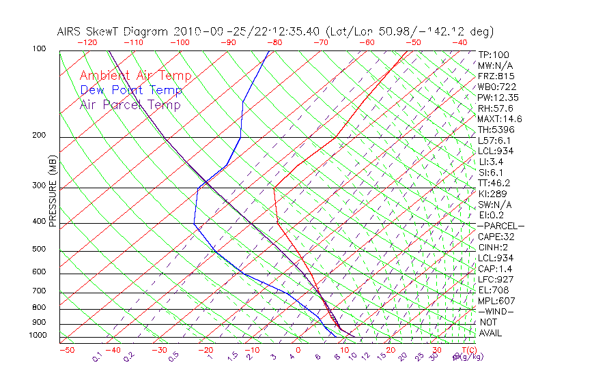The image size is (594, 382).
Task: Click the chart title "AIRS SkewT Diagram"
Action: pyautogui.click(x=113, y=31)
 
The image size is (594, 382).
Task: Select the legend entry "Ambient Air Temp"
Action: pyautogui.click(x=135, y=76)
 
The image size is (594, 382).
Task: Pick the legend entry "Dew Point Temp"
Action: pyautogui.click(x=131, y=90)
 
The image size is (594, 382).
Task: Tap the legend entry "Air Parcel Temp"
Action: pyautogui.click(x=130, y=104)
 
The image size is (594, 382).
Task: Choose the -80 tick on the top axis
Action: pyautogui.click(x=274, y=42)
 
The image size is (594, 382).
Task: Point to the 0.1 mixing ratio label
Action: pyautogui.click(x=97, y=357)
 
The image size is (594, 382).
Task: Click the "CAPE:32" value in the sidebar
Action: pyautogui.click(x=496, y=237)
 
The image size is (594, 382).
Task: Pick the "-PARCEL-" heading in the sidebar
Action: pyautogui.click(x=501, y=226)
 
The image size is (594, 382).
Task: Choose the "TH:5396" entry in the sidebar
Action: pyautogui.click(x=496, y=130)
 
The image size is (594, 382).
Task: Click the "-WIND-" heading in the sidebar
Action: pyautogui.click(x=496, y=311)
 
